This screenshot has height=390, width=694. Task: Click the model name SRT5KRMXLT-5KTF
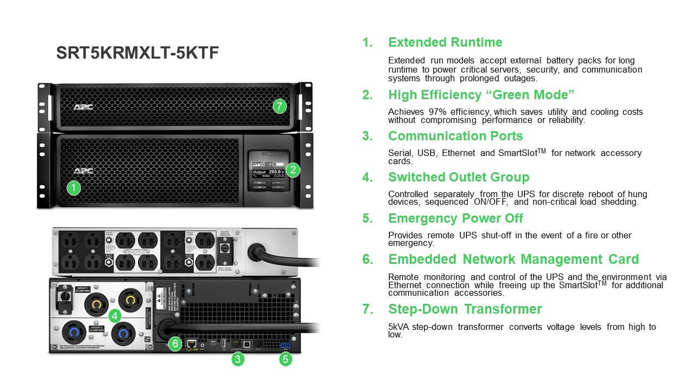pos(138,53)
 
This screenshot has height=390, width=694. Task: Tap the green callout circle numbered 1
pos(74,188)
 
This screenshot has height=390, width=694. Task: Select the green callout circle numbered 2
pos(293,170)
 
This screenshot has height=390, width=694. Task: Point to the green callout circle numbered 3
pos(237,359)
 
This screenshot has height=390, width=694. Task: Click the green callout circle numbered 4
pos(114,316)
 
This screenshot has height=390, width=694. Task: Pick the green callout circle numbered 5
pos(286,359)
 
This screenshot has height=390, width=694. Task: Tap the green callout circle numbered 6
pos(175,343)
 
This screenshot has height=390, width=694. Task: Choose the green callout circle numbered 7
pos(279,106)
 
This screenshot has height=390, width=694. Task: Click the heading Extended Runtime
pos(445,42)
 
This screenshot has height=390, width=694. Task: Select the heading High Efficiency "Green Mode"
pos(481,95)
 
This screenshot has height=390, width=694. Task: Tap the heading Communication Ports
pos(455,136)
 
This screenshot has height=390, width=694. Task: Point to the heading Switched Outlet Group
pos(459,177)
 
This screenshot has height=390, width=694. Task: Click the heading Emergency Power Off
pos(455,218)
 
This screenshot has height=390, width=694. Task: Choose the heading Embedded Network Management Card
pos(513,259)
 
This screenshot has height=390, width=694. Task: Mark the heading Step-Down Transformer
pos(465,309)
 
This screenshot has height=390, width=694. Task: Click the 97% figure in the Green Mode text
pos(431,112)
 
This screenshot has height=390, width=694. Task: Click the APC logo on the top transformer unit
pos(83,107)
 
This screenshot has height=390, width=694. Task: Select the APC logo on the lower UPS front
pos(83,171)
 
